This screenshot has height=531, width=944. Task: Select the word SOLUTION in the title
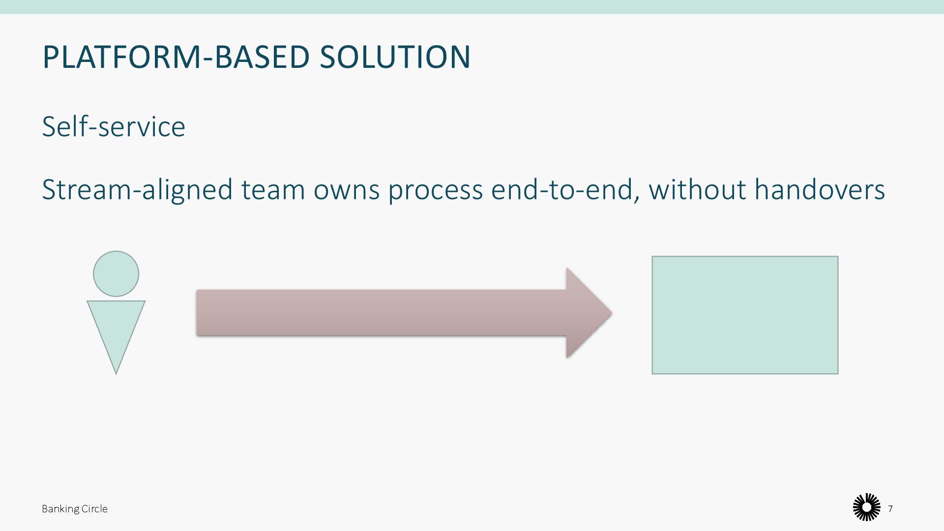(395, 57)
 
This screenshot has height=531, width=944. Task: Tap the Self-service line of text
(114, 127)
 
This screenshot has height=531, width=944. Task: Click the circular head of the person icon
(116, 274)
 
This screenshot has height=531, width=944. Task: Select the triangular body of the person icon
(116, 324)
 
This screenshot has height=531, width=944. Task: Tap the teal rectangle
(745, 315)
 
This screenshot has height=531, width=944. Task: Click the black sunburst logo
(866, 507)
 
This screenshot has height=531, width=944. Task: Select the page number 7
(890, 509)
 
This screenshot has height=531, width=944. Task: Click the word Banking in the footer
(58, 509)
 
